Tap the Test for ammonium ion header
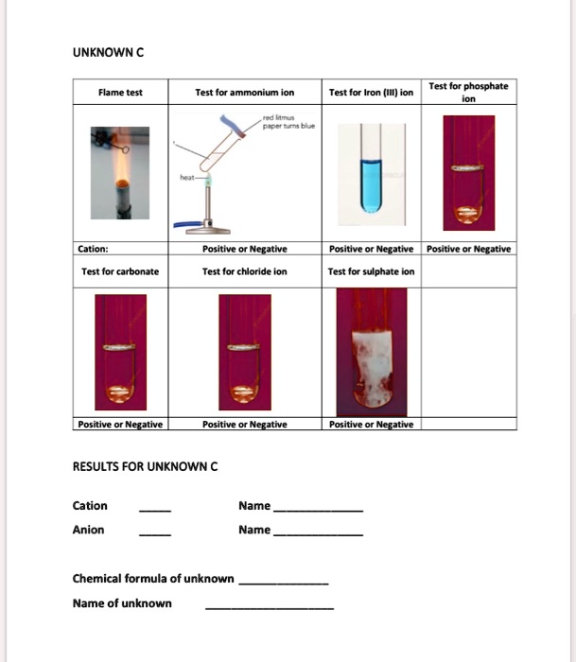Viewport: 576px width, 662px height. point(244,93)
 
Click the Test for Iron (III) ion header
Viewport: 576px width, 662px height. point(371,93)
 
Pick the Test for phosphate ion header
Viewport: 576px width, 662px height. point(468,92)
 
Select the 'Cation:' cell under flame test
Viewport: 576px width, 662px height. point(94,250)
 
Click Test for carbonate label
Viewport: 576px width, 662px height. point(120,271)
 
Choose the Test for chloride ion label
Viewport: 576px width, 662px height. point(244,271)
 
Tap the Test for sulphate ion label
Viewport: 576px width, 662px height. point(371,271)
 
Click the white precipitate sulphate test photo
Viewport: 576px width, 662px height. point(370,353)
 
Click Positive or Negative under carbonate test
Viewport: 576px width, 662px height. point(120,424)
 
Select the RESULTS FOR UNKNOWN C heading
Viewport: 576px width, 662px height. point(145,466)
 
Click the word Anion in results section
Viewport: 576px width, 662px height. point(89,530)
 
